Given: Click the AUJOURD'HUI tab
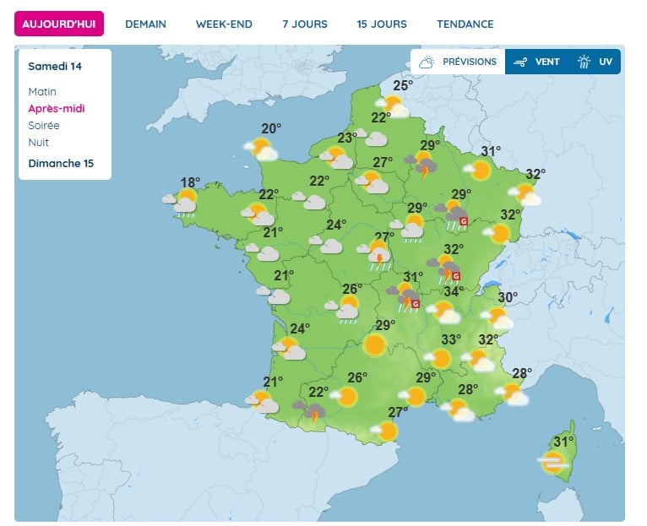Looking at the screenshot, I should point(59,24).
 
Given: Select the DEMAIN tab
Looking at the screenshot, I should point(145,24).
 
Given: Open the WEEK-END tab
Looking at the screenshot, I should point(224,24).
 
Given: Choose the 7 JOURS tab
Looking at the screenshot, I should point(305,24).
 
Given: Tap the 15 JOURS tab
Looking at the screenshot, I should point(382,24).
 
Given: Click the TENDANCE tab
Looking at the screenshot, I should point(465,24).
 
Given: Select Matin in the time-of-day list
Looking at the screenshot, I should point(42,91).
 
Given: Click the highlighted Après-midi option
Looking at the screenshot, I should point(57,108).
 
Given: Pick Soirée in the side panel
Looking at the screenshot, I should point(44,125).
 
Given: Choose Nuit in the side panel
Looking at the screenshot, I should point(39,142).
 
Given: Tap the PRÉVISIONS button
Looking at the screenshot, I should point(459,62).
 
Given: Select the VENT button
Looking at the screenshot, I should point(537,62).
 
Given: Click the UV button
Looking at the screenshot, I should point(596,62).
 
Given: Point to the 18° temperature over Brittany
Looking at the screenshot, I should point(191,182).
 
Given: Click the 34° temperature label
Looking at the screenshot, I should point(454,292).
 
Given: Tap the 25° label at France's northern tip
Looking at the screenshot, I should point(402,84).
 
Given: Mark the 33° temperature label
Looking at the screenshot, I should point(451,339).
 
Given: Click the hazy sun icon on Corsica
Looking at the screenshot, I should point(553,462).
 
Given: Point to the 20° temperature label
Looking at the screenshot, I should point(271,128).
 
